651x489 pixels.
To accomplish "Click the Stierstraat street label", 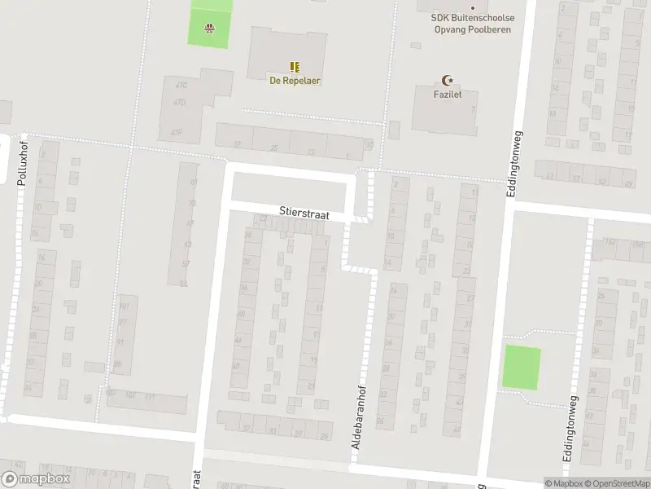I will click(x=304, y=214).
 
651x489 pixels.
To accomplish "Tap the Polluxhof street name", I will click(x=23, y=161).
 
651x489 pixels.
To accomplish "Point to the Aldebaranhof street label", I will click(x=356, y=416).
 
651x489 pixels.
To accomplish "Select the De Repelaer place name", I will click(x=295, y=81).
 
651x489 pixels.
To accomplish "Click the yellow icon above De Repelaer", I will click(x=295, y=67).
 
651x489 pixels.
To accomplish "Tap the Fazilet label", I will click(x=447, y=95).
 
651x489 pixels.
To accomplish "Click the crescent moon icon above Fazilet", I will click(x=447, y=80).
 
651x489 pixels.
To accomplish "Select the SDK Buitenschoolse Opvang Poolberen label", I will click(x=473, y=23).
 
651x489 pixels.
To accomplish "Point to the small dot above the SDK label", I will click(x=473, y=8).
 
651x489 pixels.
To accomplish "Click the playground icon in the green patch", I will click(x=210, y=28).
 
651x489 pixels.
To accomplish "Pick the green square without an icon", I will click(x=521, y=367).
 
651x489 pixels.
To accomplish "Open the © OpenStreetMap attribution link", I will click(x=617, y=483).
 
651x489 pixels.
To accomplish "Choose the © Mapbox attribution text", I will click(x=565, y=483).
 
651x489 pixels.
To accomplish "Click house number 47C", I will click(x=181, y=85).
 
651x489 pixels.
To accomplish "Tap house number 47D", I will click(x=179, y=103).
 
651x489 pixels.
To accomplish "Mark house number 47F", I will click(x=175, y=131).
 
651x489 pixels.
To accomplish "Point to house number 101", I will click(x=125, y=307).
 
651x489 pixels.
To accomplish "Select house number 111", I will click(x=150, y=397).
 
